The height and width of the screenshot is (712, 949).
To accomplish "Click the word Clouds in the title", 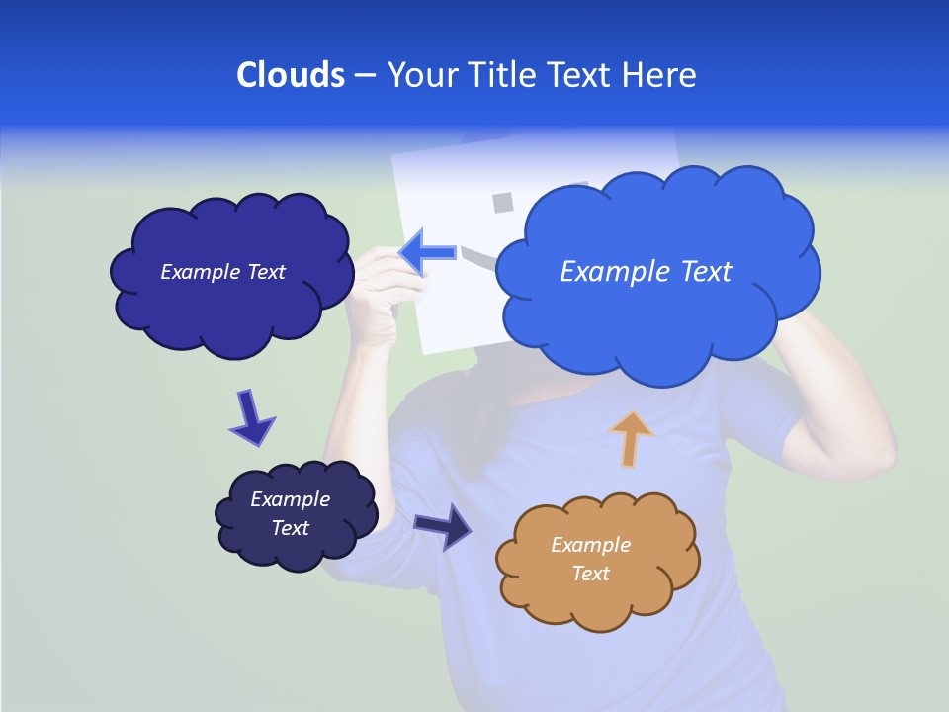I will coord(290,75).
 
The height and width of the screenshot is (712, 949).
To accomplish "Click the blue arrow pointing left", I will coord(427,253).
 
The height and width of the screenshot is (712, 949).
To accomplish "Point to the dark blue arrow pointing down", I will coord(250,417).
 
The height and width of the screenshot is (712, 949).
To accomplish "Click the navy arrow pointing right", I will coord(444,525).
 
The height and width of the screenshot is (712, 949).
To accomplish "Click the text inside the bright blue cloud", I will coord(646,272).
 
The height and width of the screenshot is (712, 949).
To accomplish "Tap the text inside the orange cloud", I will coord(590,559).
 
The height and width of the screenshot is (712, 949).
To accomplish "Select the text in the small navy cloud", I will coord(291,513).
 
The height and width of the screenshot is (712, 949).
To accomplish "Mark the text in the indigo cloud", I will coord(222,272).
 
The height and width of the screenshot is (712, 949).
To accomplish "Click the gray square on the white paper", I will coord(503,203).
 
